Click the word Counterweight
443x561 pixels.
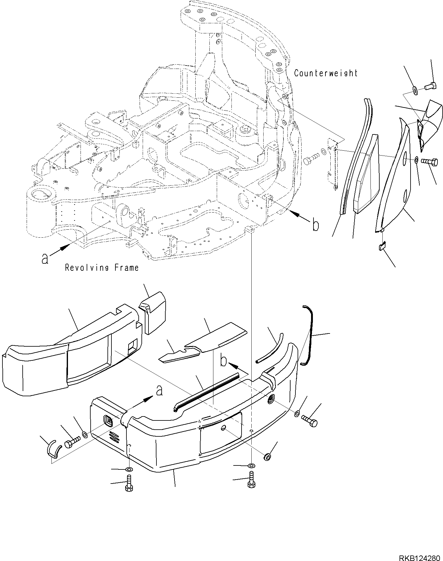point(325,73)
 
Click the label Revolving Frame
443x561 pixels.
point(102,268)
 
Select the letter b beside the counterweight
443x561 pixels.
point(315,225)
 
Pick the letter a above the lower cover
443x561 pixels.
point(159,391)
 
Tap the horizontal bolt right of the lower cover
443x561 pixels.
point(309,420)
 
